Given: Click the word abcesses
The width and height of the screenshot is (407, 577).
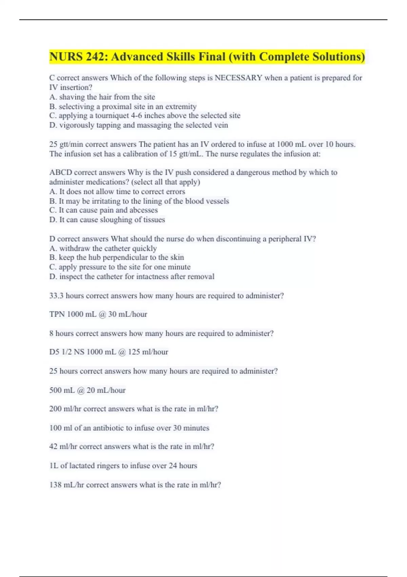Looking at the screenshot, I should [x=143, y=210].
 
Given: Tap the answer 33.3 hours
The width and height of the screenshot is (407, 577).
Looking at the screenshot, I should [x=66, y=296].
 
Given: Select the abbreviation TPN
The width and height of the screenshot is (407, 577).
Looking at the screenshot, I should [x=57, y=314].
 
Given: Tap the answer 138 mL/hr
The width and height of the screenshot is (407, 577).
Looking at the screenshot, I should [x=66, y=485].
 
